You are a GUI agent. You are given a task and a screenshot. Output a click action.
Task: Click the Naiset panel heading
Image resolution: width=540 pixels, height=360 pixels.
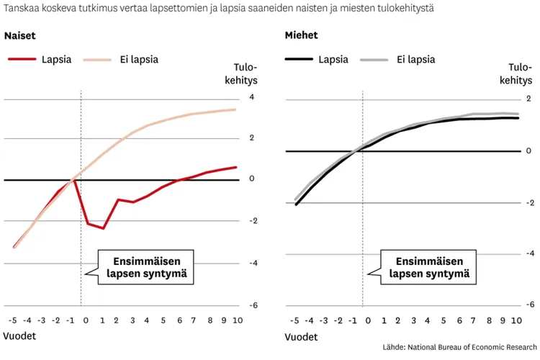click(19, 35)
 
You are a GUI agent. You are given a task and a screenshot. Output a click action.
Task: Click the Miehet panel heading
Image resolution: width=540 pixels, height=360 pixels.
click(301, 35)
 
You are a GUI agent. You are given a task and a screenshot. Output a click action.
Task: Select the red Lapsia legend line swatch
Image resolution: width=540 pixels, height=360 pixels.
click(22, 59)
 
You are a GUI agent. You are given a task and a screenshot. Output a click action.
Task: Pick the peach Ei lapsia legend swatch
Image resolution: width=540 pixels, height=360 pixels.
click(97, 60)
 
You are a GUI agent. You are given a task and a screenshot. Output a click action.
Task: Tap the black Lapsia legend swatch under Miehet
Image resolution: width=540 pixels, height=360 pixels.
click(299, 59)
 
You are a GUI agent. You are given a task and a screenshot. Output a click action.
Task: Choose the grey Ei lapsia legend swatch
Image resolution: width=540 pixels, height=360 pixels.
click(374, 60)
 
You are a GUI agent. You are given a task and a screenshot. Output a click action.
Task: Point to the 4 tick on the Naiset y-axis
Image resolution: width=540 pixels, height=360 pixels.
click(252, 97)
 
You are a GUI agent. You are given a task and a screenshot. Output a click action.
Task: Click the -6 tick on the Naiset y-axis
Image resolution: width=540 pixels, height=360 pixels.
click(253, 305)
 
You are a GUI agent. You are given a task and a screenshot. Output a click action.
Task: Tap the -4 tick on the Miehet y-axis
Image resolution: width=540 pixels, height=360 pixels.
click(530, 253)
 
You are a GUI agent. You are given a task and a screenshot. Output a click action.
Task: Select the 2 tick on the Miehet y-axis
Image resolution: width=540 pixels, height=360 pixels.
click(528, 99)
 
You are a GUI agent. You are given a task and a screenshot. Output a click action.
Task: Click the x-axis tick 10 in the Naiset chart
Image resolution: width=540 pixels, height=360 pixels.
click(238, 320)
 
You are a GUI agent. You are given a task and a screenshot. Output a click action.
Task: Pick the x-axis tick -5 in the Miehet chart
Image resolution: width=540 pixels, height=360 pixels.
click(294, 320)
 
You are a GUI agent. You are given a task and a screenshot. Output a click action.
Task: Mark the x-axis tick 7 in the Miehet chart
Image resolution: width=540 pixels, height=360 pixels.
click(473, 320)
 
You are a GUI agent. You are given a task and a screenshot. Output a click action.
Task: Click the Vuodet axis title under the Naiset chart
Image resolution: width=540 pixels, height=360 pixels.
click(19, 336)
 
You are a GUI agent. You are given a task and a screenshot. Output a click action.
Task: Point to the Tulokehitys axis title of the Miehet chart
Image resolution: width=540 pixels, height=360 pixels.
click(516, 73)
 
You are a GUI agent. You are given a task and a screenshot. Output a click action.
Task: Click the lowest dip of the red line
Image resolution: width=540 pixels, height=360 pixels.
click(103, 228)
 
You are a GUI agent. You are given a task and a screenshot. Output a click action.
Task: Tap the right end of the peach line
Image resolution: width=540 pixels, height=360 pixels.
click(235, 110)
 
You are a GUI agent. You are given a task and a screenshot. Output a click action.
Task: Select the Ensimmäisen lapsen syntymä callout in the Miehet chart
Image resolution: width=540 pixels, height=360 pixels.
click(428, 267)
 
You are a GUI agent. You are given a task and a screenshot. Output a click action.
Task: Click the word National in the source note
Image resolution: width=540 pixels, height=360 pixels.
click(422, 347)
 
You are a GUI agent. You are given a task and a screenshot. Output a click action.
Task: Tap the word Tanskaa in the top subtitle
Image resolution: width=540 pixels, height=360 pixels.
click(21, 8)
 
